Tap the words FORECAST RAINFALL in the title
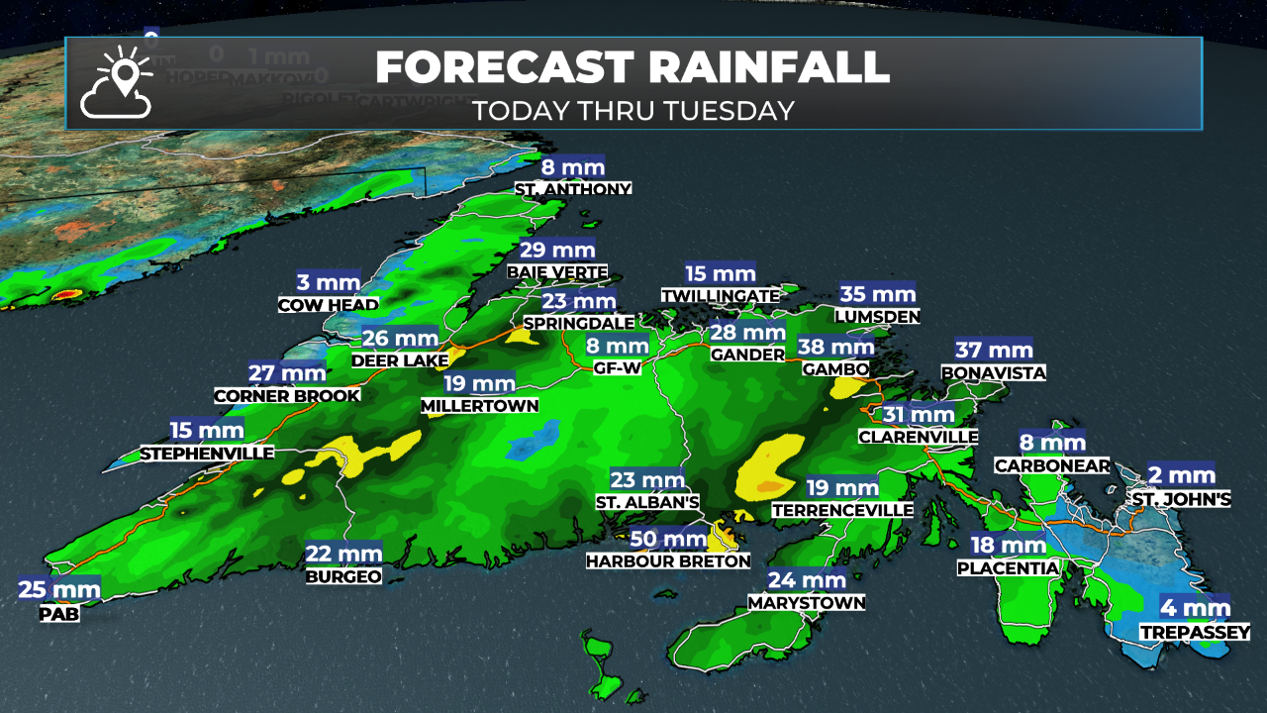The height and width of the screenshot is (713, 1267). tap(633, 67)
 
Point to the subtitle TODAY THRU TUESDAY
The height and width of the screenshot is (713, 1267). tap(633, 110)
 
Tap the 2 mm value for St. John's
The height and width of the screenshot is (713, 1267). tap(1181, 475)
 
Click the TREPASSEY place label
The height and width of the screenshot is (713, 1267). tap(1194, 632)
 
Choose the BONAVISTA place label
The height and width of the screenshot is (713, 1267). tap(993, 372)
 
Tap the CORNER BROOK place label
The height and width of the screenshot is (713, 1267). tap(287, 396)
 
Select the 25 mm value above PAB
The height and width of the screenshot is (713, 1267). tap(59, 591)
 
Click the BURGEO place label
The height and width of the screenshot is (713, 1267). tap(343, 576)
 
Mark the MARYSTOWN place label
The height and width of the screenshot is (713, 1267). tap(807, 602)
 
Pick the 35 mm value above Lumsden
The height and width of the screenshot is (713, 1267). tap(877, 293)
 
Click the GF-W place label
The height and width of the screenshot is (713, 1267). tap(617, 367)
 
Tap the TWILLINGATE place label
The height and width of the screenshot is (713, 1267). tap(722, 296)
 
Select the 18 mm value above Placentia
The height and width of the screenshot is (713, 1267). tap(1008, 545)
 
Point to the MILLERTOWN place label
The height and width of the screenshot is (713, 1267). tap(479, 406)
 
